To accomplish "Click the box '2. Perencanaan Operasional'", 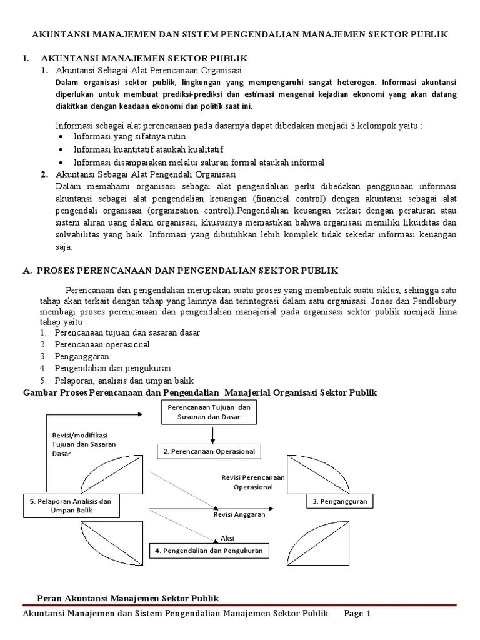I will tap(209, 451).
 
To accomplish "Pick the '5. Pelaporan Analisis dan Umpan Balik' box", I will tap(71, 506).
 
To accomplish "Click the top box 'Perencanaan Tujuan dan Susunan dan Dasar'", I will tap(214, 411).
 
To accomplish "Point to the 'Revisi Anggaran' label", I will tap(239, 514).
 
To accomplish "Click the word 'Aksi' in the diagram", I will tap(226, 537).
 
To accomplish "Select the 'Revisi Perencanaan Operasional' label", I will tap(253, 482).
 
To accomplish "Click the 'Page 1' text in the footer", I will tap(357, 614).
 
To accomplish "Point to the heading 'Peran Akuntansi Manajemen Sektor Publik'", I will tap(129, 599).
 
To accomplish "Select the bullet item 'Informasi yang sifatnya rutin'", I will tap(130, 136).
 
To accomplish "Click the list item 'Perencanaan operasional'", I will tap(102, 344).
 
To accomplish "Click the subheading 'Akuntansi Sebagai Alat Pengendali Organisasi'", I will tap(145, 174).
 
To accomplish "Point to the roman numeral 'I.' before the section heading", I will tap(26, 58).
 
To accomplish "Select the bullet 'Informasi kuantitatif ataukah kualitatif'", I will tap(148, 149).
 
